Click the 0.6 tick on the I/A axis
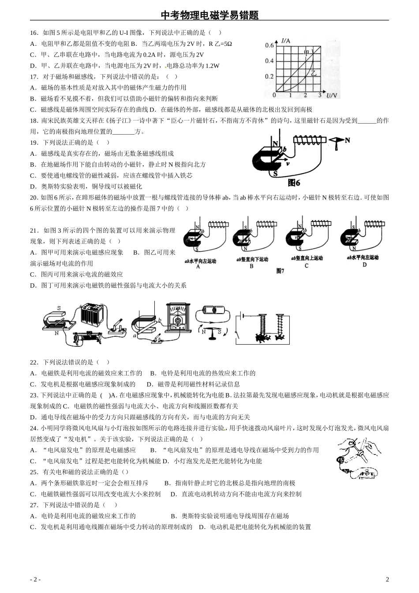click(x=269, y=45)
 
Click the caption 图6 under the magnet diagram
click(x=294, y=183)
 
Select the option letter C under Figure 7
click(x=307, y=266)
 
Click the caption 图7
click(x=280, y=271)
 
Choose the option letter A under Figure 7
click(x=198, y=266)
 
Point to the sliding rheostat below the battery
click(x=88, y=338)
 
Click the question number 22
click(x=34, y=362)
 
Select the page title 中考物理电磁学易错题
click(x=209, y=15)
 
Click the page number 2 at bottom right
click(x=387, y=579)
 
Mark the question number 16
click(x=34, y=33)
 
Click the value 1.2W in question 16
click(x=211, y=66)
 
